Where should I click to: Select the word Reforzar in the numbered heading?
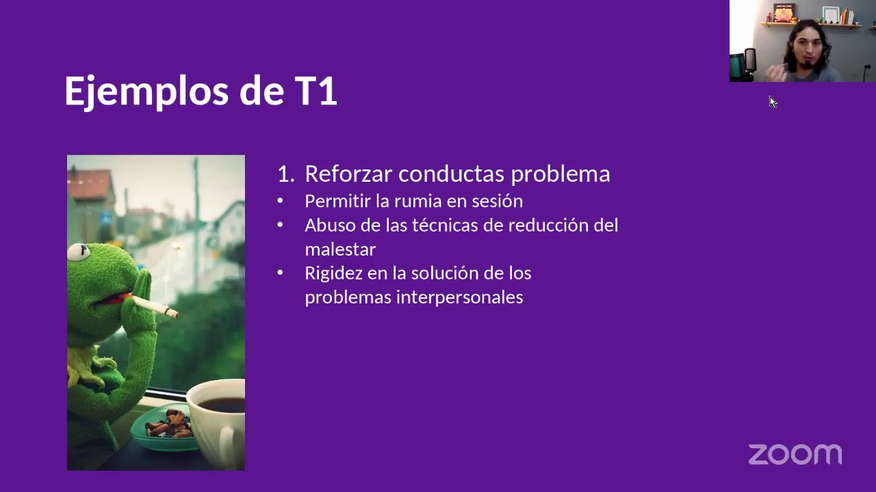pyautogui.click(x=348, y=174)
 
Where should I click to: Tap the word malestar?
pyautogui.click(x=339, y=249)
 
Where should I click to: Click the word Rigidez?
pyautogui.click(x=333, y=273)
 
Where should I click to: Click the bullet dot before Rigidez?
pyautogui.click(x=280, y=273)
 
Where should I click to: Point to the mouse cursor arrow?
pyautogui.click(x=772, y=102)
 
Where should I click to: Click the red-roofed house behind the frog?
pyautogui.click(x=90, y=191)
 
